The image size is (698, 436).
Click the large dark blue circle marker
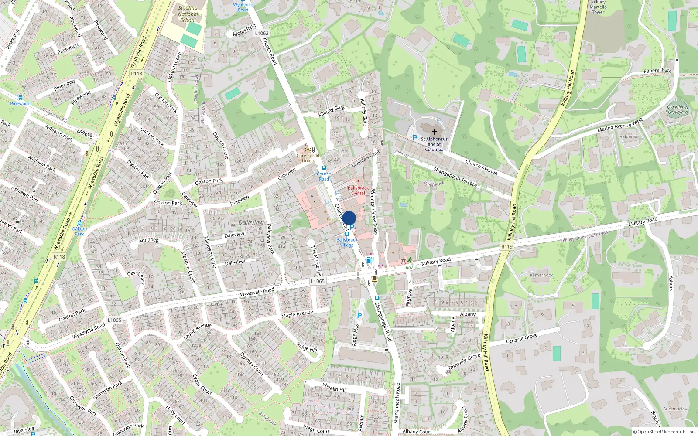tap(349, 218)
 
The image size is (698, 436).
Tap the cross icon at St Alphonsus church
tap(434, 132)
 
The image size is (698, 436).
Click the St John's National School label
tap(188, 14)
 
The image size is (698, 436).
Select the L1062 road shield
tap(262, 33)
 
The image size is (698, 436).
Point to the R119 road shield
tap(506, 247)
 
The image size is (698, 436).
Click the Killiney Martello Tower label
tap(598, 7)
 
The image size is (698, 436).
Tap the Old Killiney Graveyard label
tap(677, 109)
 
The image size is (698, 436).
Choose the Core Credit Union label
tap(308, 158)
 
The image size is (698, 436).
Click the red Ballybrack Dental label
tap(358, 191)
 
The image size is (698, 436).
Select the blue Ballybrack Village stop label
tap(347, 242)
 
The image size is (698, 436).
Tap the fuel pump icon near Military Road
tap(369, 260)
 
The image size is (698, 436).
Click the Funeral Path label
tap(657, 70)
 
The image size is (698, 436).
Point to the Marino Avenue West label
tap(619, 125)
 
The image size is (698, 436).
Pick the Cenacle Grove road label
tap(522, 338)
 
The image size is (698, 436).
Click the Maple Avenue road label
tap(297, 314)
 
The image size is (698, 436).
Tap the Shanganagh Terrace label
tap(455, 177)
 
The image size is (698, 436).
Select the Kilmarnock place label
tap(541, 275)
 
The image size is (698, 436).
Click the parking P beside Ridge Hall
tap(359, 316)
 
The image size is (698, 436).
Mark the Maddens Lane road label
tap(210, 252)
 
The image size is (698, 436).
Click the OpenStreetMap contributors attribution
tap(664, 432)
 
